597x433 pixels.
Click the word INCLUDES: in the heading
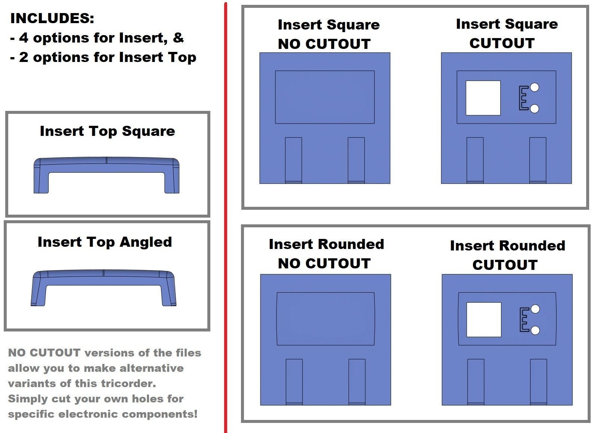click(52, 19)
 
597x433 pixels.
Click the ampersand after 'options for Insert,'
click(178, 38)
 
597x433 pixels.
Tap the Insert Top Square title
click(107, 131)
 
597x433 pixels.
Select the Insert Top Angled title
click(105, 242)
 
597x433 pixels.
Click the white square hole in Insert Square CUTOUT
click(483, 98)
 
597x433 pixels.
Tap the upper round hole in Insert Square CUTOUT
click(534, 87)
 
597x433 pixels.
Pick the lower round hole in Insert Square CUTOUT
click(534, 109)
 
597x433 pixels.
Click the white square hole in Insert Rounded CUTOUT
click(484, 320)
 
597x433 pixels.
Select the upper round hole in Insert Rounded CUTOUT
click(535, 309)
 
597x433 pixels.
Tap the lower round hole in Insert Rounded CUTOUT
click(535, 330)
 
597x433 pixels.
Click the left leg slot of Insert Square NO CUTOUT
click(293, 160)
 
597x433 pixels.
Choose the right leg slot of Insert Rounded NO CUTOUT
click(357, 382)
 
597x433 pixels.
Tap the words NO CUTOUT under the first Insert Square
click(324, 44)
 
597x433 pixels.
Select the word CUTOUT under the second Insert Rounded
click(505, 265)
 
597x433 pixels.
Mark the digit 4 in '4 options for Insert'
click(24, 38)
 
